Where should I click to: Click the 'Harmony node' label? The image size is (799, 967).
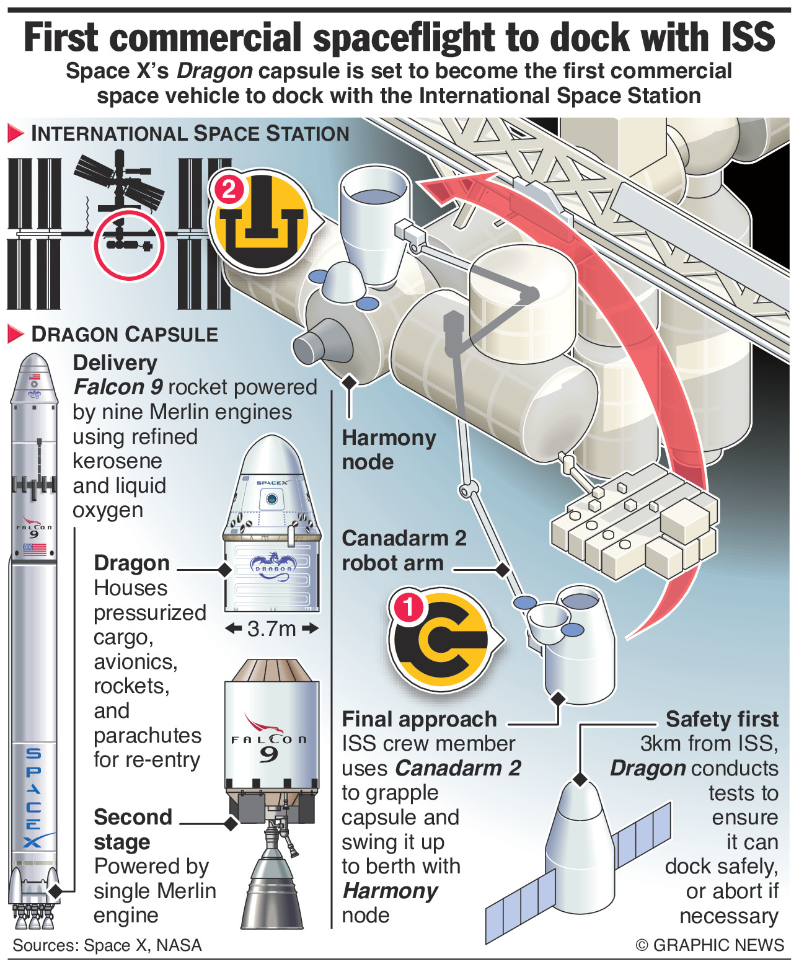(x=388, y=449)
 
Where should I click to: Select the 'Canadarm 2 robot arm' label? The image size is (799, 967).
(x=404, y=550)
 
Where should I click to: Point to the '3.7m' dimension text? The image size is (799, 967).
(x=271, y=629)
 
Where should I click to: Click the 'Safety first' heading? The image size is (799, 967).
(x=722, y=719)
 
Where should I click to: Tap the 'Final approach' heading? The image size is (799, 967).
(x=419, y=719)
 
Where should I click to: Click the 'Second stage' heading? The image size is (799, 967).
(x=132, y=829)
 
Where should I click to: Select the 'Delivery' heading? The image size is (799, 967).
(x=115, y=363)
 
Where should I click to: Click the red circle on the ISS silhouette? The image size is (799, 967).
(x=129, y=244)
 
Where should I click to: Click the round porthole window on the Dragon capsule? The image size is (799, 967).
(x=271, y=498)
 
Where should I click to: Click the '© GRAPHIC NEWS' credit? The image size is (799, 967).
(x=709, y=945)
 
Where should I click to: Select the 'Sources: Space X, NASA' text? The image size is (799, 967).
(x=107, y=945)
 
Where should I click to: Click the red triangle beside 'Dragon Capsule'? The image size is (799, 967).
(x=15, y=334)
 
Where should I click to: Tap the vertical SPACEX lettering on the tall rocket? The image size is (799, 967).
(x=33, y=797)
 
